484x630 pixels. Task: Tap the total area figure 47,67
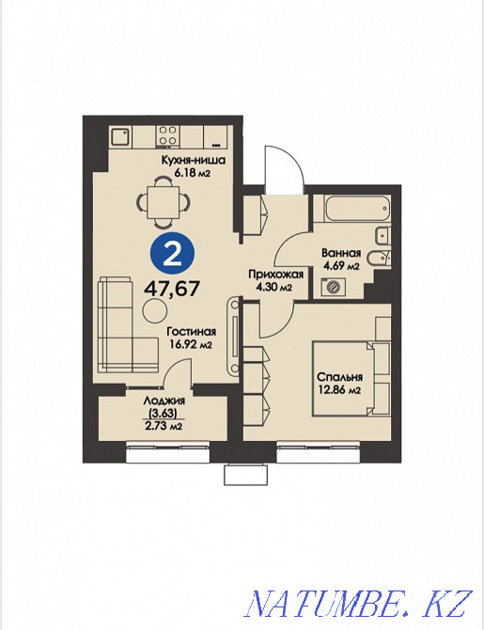171,289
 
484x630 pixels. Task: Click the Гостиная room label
193,331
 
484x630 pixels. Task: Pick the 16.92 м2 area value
193,344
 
